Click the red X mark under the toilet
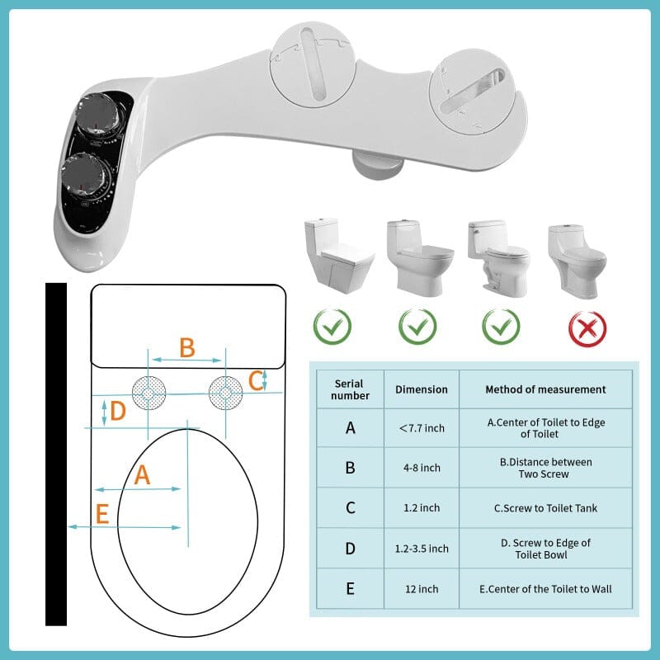587,328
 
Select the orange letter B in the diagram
187,347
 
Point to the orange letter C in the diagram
256,380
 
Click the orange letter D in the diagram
118,411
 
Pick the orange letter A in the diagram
143,474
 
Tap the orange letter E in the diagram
102,515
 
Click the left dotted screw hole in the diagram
149,393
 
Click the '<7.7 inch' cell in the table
422,427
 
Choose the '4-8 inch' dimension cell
422,468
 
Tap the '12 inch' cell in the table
422,589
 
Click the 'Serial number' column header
350,389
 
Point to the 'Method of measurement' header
545,389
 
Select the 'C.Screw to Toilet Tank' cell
545,508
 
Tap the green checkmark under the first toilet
332,328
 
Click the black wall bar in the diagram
56,454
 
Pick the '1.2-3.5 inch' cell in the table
422,549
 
